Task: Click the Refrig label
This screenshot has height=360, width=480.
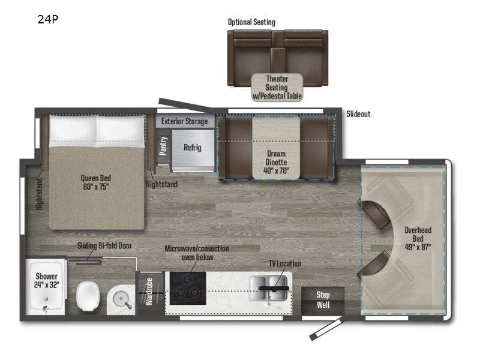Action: pyautogui.click(x=192, y=148)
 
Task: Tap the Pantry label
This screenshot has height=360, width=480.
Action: pyautogui.click(x=163, y=146)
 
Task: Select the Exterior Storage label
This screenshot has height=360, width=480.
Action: pyautogui.click(x=184, y=122)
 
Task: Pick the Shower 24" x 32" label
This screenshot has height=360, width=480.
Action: pyautogui.click(x=46, y=281)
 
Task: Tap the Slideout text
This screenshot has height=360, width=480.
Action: pyautogui.click(x=358, y=114)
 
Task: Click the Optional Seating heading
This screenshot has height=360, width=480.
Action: pyautogui.click(x=251, y=22)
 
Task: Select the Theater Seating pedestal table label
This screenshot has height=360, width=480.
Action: pyautogui.click(x=277, y=88)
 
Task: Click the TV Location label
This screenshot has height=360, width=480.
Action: pyautogui.click(x=284, y=264)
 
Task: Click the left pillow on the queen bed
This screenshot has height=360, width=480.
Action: pyautogui.click(x=73, y=129)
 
